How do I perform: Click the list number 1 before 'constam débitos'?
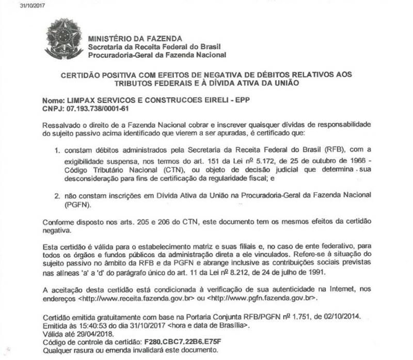coord(58,150)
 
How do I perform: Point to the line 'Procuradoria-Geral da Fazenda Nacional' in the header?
coord(157,55)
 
